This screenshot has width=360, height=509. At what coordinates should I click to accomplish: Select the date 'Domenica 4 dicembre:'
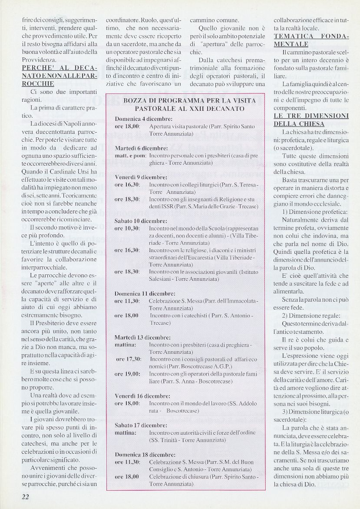pos(143,118)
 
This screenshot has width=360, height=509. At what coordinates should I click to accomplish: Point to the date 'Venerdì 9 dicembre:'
pos(141,178)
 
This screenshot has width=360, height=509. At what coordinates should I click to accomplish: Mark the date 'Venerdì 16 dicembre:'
pos(142,396)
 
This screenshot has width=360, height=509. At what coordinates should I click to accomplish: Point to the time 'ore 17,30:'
pos(128,359)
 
